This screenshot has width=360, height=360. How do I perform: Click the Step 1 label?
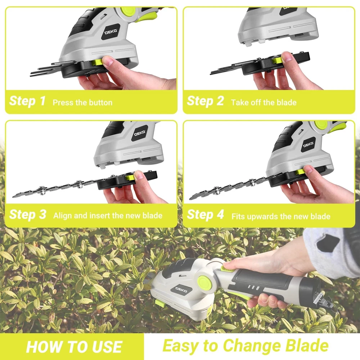(x=27, y=101)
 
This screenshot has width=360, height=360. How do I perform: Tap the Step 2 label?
(x=205, y=101)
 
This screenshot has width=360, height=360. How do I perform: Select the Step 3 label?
(x=28, y=215)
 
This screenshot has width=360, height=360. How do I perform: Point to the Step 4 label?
(x=205, y=215)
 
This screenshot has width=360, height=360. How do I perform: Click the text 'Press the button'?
(x=82, y=102)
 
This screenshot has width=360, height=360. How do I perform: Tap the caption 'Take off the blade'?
(x=264, y=102)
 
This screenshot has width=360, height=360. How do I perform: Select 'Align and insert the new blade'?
(x=108, y=216)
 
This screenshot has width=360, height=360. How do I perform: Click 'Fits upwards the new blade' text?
(x=281, y=216)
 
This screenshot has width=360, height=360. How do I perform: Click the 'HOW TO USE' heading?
(x=74, y=347)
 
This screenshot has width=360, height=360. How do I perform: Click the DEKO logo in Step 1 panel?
(x=111, y=32)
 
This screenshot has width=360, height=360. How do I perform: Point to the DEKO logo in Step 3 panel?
(x=140, y=133)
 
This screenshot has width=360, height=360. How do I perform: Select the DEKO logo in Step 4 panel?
(x=309, y=145)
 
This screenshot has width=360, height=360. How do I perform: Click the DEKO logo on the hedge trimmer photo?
(x=181, y=290)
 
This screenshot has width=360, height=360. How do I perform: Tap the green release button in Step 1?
(x=97, y=62)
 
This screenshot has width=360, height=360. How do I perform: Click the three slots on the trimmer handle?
(x=254, y=288)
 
